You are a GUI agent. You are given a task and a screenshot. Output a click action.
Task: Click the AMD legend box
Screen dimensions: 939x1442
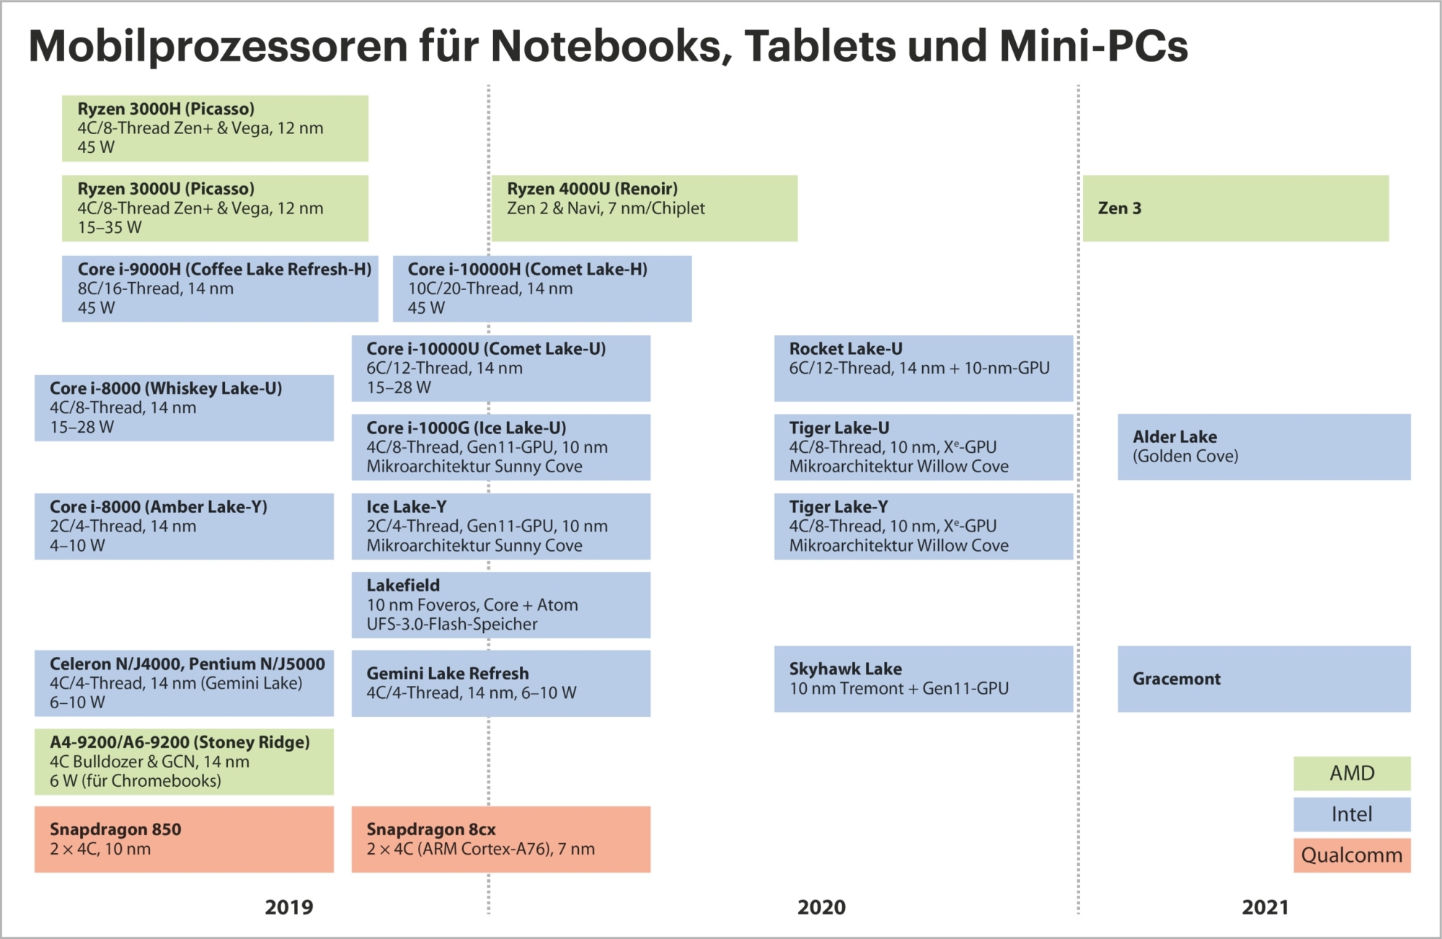pyautogui.click(x=1352, y=773)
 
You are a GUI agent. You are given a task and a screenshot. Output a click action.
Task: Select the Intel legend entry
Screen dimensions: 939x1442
pyautogui.click(x=1352, y=814)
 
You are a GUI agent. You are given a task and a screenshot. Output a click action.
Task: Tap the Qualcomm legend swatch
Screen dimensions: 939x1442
pyautogui.click(x=1352, y=855)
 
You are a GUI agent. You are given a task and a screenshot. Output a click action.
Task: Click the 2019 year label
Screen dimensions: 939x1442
pyautogui.click(x=289, y=907)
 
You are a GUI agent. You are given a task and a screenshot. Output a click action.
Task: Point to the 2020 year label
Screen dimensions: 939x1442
pyautogui.click(x=821, y=907)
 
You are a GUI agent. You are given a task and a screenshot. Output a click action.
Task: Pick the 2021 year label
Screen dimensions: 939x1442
pyautogui.click(x=1265, y=907)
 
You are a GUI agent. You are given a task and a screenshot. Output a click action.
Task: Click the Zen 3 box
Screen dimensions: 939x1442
pyautogui.click(x=1235, y=208)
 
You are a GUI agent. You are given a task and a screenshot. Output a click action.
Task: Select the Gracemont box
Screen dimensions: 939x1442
pyautogui.click(x=1263, y=679)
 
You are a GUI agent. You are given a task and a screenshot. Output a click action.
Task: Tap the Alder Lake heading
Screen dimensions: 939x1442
pyautogui.click(x=1175, y=436)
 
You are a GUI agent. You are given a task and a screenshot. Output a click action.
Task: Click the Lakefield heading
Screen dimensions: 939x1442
pyautogui.click(x=403, y=585)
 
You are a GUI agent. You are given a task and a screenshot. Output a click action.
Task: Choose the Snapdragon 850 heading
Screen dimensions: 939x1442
pyautogui.click(x=115, y=829)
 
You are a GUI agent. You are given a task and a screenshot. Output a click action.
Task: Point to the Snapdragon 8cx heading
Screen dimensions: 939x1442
pyautogui.click(x=431, y=829)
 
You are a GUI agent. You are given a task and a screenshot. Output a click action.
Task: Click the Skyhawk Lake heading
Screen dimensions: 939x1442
pyautogui.click(x=845, y=669)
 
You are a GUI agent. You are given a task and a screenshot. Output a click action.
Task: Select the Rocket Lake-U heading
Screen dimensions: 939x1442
pyautogui.click(x=846, y=348)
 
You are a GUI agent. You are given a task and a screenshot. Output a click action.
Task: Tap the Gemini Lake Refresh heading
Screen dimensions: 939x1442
pyautogui.click(x=448, y=673)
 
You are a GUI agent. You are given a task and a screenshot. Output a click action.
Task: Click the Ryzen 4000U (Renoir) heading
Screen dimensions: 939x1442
pyautogui.click(x=592, y=189)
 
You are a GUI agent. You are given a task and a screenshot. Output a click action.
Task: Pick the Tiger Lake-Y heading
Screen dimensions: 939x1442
pyautogui.click(x=839, y=506)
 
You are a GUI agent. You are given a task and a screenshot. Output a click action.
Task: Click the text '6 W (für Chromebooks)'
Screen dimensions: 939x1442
pyautogui.click(x=136, y=780)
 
